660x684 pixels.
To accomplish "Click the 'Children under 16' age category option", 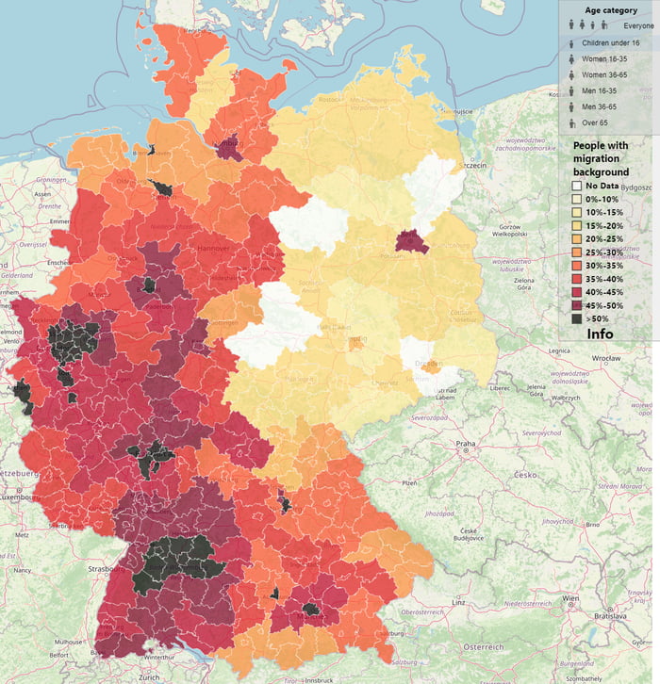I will click(612, 43).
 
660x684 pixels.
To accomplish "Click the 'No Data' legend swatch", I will click(576, 187).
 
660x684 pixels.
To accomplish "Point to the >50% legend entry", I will click(576, 319).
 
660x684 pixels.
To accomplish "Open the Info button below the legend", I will click(600, 334).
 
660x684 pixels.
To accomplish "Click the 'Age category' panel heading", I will click(611, 9).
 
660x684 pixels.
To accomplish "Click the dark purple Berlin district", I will click(410, 241).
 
